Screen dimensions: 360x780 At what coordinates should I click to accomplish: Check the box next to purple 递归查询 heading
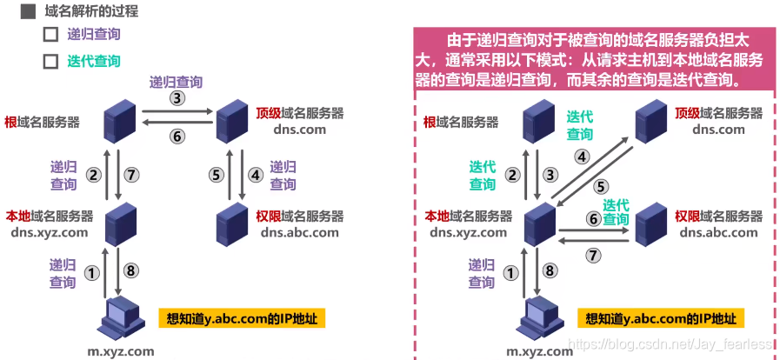(x=50, y=36)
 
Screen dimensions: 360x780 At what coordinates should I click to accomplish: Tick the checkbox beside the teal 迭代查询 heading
(x=50, y=62)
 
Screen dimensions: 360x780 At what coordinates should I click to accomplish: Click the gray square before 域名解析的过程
(x=28, y=12)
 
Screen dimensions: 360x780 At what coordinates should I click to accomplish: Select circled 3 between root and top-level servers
(x=177, y=98)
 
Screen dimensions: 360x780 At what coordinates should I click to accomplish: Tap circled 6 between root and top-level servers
(x=177, y=136)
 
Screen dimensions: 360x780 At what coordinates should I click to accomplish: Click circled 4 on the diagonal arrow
(x=583, y=156)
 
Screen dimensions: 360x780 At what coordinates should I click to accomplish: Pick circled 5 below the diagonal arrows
(x=600, y=186)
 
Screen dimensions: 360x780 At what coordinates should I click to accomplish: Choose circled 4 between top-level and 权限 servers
(x=255, y=174)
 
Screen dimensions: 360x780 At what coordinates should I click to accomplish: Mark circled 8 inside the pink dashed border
(x=549, y=270)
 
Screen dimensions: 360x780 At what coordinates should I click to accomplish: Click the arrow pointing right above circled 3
(x=177, y=110)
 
